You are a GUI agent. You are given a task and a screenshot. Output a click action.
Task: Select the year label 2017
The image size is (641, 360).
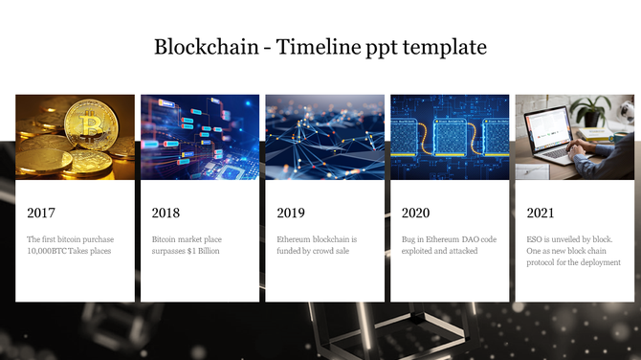point(42,213)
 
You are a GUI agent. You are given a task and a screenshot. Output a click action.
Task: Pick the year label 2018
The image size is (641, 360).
point(166,213)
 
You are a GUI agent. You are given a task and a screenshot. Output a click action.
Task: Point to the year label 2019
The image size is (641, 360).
point(291,213)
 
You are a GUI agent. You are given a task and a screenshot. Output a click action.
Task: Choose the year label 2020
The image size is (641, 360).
point(416,213)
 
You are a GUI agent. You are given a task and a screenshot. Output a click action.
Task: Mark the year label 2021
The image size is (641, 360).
point(542,213)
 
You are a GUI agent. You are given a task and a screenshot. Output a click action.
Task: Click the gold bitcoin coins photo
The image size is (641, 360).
point(75,137)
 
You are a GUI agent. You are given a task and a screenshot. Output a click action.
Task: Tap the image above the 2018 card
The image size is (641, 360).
point(200,137)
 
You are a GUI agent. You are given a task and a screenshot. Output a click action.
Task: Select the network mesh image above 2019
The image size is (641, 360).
point(324,137)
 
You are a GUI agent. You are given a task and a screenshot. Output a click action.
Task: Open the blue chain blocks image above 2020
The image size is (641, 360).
point(450,137)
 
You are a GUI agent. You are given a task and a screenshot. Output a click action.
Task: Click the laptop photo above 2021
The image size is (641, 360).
point(574,137)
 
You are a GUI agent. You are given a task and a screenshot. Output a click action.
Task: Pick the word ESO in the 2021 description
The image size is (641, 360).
point(536,238)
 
